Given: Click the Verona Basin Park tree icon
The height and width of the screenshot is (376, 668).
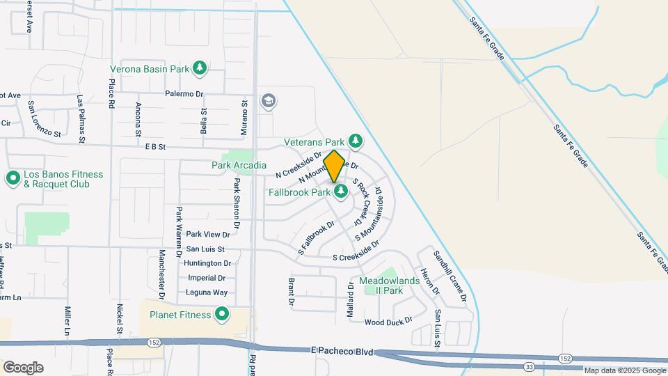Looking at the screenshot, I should pos(200,68).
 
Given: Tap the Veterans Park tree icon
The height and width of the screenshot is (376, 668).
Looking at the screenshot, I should pos(356,141).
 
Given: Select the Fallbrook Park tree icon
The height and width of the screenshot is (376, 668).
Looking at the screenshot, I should pos(341,191).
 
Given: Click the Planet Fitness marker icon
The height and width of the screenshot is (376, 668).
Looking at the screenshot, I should pos(222,315).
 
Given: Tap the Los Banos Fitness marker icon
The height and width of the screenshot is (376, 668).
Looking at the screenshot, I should pos(12,179).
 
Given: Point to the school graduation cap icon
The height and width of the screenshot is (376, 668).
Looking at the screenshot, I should pos(268,102).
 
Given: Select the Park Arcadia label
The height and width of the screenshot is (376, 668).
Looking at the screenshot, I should pos(239,165).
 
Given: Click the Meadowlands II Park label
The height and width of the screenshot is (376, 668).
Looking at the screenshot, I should pos(381,285).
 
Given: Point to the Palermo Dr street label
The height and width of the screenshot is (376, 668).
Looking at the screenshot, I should pos(184,93).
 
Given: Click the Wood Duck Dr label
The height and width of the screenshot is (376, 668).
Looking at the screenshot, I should pos(388,321).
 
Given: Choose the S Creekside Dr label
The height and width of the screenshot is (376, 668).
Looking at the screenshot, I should pos(356,257).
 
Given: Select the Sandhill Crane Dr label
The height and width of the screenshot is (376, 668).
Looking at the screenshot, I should pos(450,276).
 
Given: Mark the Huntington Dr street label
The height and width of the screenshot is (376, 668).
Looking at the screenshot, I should pos(207,263).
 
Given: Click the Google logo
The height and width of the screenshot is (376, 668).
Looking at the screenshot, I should pos(23,367).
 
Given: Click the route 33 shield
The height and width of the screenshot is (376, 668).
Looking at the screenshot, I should pos(530,366).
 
